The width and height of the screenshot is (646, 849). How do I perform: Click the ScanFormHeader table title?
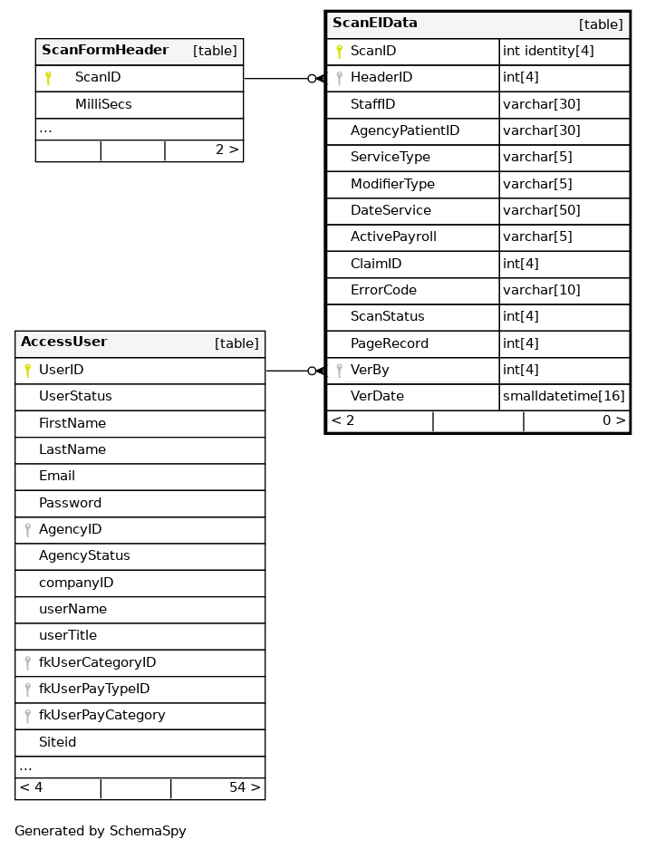105,51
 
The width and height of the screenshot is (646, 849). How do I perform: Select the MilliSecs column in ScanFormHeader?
103,104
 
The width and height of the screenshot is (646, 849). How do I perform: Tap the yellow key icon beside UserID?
27,371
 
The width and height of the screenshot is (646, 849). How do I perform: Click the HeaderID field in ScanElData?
381,78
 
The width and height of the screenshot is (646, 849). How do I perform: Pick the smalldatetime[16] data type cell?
564,397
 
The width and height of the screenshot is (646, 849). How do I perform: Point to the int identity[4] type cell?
548,51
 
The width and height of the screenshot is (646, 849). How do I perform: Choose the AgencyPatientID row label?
405,130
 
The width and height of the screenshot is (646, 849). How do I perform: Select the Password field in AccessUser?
70,503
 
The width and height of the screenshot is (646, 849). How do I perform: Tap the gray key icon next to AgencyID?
27,530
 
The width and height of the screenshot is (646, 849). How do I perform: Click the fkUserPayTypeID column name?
94,689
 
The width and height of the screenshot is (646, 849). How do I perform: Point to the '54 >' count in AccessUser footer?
245,788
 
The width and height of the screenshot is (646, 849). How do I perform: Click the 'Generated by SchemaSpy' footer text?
101,831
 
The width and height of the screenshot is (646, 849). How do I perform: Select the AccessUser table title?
64,342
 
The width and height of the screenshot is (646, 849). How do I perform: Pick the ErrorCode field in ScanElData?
383,291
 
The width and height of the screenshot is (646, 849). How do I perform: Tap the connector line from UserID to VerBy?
288,371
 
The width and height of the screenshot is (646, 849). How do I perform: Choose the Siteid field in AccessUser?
57,742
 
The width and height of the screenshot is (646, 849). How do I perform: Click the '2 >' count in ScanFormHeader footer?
227,150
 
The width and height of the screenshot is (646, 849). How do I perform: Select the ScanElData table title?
375,24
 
